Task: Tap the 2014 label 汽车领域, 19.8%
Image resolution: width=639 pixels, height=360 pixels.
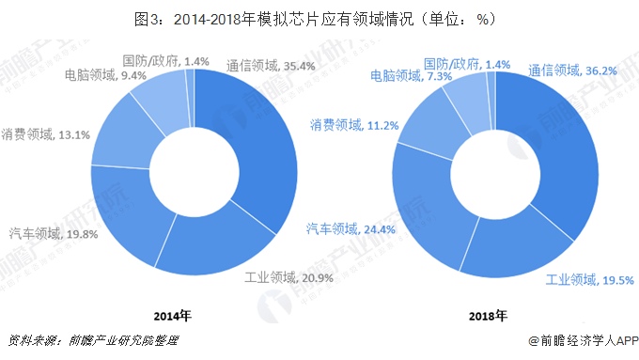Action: [53, 233]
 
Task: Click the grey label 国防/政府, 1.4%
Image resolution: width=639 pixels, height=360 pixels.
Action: [166, 61]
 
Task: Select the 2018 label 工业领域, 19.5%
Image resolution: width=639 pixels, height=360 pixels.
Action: [590, 279]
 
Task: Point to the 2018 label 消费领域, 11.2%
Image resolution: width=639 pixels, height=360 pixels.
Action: [356, 125]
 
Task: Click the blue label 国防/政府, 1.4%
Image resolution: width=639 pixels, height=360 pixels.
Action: [466, 64]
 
